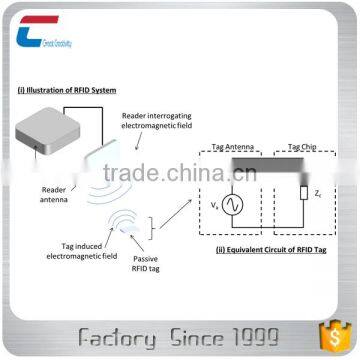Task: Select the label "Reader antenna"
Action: [x=56, y=192]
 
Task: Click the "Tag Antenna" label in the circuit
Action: [x=232, y=147]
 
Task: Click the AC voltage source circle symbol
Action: [x=231, y=204]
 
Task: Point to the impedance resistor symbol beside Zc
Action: [x=303, y=193]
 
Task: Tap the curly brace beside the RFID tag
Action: [x=152, y=227]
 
